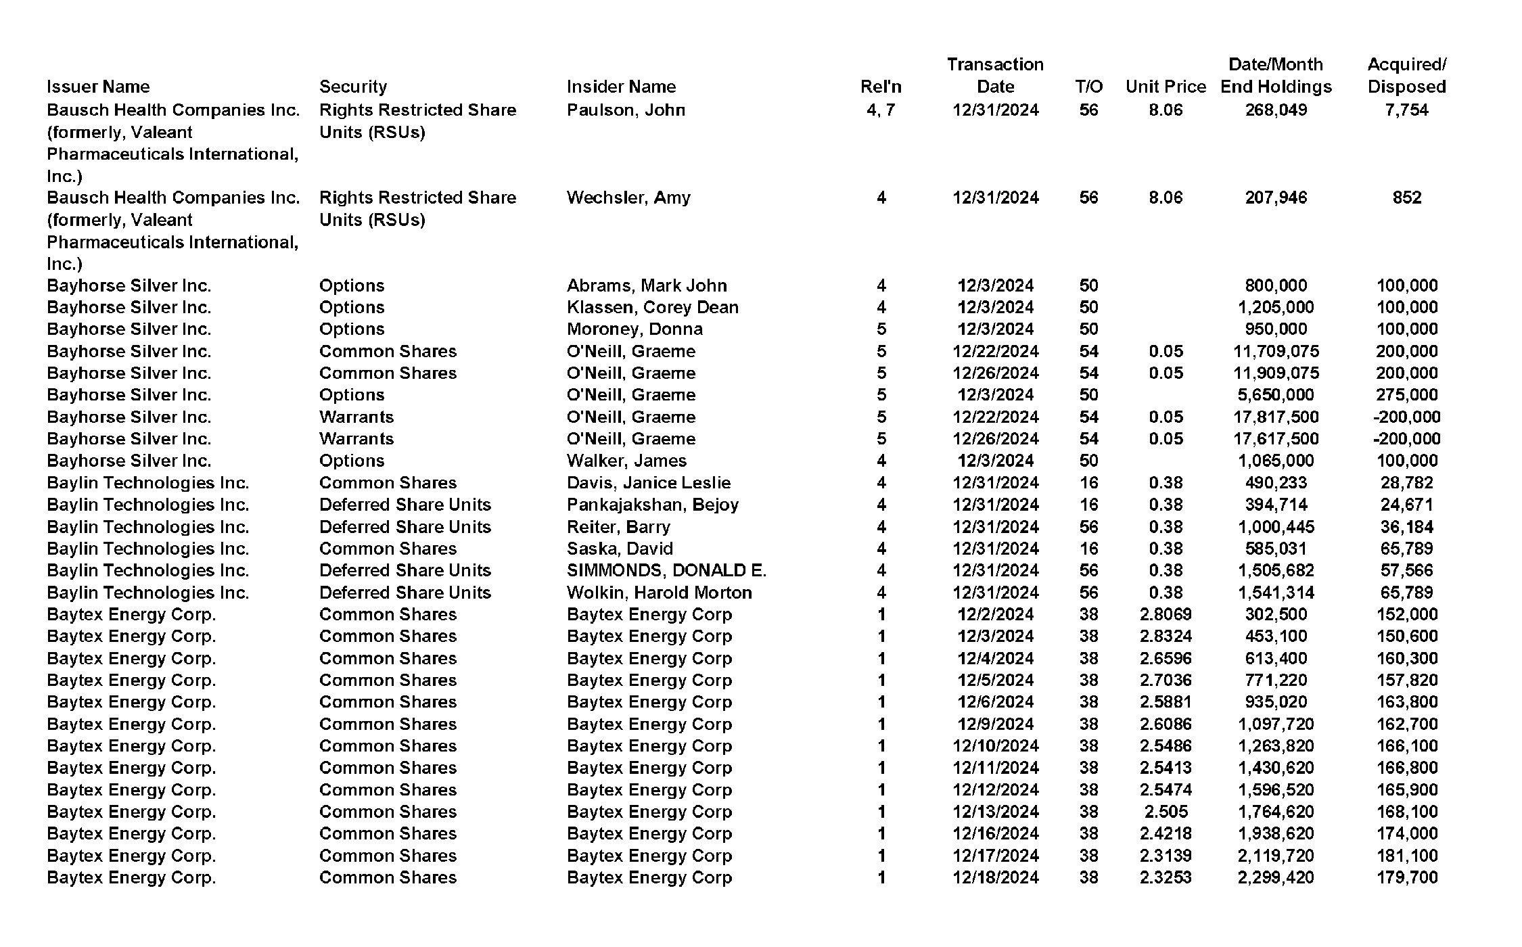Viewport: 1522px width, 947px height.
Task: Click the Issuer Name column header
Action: click(98, 87)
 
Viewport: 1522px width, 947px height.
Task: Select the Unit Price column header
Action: click(1166, 87)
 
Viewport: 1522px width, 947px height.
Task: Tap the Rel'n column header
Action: click(881, 87)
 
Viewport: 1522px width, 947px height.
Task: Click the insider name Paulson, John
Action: click(626, 110)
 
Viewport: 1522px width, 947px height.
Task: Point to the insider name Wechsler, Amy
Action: click(628, 198)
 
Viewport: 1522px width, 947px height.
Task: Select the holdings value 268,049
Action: click(1276, 110)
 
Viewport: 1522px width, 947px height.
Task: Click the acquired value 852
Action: click(1406, 198)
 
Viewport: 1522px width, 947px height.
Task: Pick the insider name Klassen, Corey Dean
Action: click(652, 307)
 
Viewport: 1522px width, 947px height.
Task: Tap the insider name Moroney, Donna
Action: click(635, 329)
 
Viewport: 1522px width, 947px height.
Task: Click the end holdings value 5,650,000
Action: click(1276, 395)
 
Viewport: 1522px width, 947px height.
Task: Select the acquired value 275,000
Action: click(1406, 395)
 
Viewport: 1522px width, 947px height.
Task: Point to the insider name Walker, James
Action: click(626, 461)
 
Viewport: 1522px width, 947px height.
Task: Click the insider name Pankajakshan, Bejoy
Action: click(652, 505)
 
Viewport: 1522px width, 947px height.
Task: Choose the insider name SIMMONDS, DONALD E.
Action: click(666, 570)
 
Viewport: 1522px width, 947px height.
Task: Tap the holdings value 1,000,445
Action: click(1276, 527)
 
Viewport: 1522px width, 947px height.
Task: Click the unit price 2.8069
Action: click(1166, 614)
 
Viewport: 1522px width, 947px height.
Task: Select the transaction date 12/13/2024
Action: click(995, 812)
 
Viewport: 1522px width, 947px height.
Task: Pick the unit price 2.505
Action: click(1166, 812)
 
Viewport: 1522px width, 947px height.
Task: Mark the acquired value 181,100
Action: click(1406, 856)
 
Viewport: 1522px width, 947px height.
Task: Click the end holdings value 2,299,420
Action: click(1276, 877)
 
